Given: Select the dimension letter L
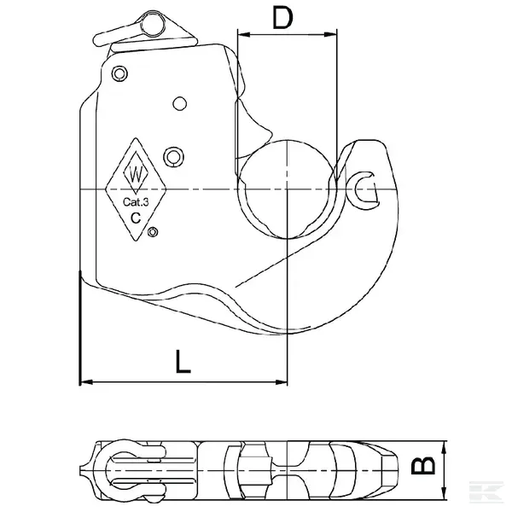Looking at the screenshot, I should coord(181,363).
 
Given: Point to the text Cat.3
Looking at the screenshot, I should coord(137,201).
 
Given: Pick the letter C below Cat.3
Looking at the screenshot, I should coord(136,218).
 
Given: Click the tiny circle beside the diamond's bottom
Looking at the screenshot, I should coord(153,231).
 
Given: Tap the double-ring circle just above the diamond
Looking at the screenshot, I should coord(173,155).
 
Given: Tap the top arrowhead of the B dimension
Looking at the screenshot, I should coord(443,445).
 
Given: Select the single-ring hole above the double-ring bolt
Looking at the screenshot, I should coord(179,103).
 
